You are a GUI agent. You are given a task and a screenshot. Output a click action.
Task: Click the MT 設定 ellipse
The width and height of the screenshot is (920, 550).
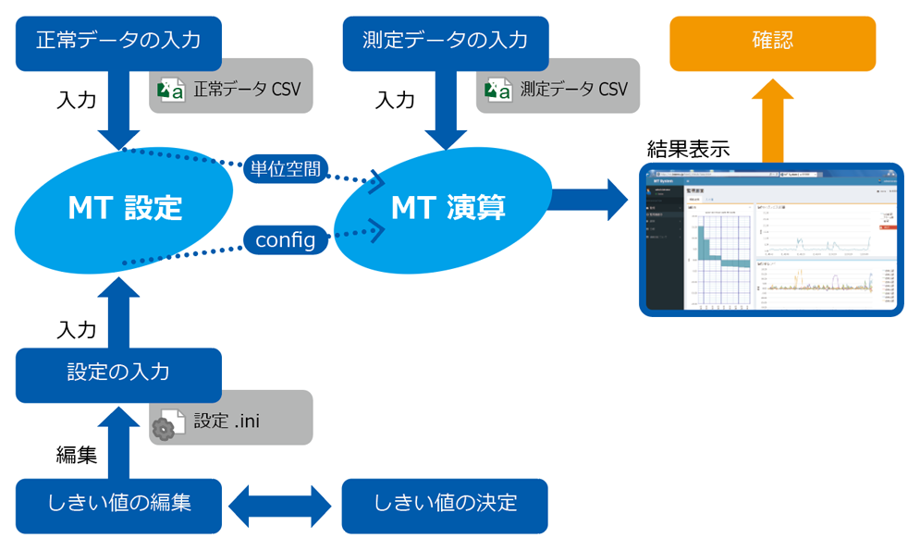pos(125,208)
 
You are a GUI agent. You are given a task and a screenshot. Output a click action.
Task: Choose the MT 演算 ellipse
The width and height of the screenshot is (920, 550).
pos(448,208)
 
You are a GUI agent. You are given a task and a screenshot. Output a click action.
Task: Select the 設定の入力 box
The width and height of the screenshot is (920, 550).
pos(118,373)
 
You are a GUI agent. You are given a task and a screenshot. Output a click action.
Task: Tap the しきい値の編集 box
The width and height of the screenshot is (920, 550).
pos(118,505)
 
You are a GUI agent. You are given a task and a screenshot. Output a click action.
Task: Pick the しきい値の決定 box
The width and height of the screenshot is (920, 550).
pos(445,505)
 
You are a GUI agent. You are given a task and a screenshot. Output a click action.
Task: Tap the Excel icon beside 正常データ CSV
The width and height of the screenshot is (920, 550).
pos(171,90)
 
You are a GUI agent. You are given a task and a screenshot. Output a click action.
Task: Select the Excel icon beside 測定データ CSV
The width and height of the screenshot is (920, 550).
pos(498,90)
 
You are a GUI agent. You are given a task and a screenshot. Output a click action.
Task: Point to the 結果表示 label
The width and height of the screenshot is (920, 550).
pos(687,149)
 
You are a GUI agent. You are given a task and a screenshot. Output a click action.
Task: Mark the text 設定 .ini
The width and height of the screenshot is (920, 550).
pos(227,421)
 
